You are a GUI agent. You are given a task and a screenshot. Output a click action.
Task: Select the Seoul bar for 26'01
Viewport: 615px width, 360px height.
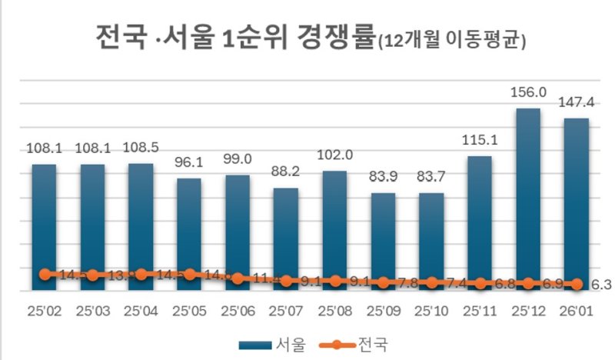(575, 204)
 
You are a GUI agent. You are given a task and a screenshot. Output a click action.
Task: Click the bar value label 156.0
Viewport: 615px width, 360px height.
(527, 92)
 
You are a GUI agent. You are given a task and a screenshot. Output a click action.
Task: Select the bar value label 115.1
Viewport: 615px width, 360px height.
(479, 140)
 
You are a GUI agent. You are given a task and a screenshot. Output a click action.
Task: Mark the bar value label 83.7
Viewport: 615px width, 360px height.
(430, 177)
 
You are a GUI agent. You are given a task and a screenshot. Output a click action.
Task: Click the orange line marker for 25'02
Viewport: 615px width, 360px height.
(45, 274)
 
